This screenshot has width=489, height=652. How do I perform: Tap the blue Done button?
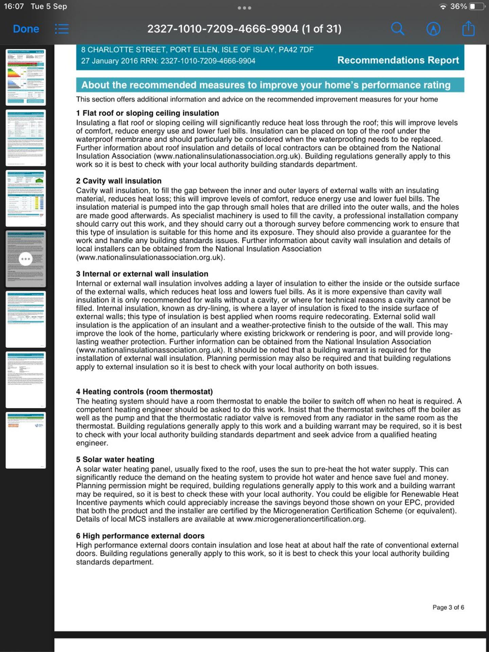coord(26,29)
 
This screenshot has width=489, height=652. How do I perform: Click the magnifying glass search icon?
coord(398,29)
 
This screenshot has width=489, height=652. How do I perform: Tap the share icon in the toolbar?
coord(468,29)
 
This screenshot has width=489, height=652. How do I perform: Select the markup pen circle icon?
coord(433,29)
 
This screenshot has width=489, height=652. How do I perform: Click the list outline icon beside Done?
coord(62,29)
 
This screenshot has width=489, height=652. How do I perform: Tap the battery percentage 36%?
coord(458,6)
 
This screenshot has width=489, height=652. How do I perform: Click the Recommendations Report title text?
coord(398,60)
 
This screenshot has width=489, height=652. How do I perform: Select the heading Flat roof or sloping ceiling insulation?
coord(147,113)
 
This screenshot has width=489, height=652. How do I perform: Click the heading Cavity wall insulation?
coord(119,181)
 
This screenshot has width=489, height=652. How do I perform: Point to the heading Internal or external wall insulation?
coord(142,274)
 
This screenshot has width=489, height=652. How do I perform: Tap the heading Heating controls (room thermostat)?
coord(144,392)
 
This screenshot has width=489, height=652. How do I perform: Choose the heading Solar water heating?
coord(115,459)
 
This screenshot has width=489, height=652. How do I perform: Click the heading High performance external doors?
coord(140,536)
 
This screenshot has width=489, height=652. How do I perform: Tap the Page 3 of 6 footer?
coord(448,607)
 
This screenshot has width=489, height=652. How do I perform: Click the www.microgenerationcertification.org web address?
coord(300,519)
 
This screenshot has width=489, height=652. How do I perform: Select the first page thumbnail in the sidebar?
coord(26,77)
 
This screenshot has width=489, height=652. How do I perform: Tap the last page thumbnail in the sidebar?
coord(26,440)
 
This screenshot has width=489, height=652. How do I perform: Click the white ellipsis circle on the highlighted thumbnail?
coord(26,259)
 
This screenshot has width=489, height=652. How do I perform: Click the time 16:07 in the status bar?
coord(14,6)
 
